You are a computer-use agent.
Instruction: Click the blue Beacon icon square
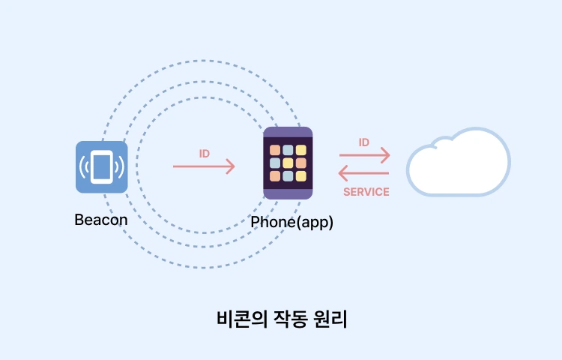pyautogui.click(x=101, y=166)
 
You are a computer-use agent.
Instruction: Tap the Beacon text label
pyautogui.click(x=101, y=220)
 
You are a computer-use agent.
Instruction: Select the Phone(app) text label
pyautogui.click(x=291, y=222)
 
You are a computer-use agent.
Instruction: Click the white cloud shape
pyautogui.click(x=459, y=162)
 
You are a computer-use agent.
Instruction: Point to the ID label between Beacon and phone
pyautogui.click(x=205, y=154)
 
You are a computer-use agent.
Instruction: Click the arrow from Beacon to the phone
pyautogui.click(x=204, y=166)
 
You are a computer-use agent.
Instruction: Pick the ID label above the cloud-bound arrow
pyautogui.click(x=363, y=142)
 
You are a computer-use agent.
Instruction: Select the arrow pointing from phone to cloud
pyautogui.click(x=364, y=155)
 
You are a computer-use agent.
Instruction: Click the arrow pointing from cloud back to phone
pyautogui.click(x=363, y=173)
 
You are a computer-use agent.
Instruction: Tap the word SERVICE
pyautogui.click(x=366, y=192)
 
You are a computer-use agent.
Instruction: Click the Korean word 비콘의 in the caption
pyautogui.click(x=242, y=319)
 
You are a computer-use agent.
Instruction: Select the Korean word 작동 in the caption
pyautogui.click(x=291, y=319)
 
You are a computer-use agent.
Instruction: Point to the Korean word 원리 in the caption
pyautogui.click(x=330, y=319)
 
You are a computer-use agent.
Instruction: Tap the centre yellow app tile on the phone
pyautogui.click(x=288, y=163)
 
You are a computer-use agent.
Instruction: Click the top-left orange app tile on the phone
pyautogui.click(x=275, y=150)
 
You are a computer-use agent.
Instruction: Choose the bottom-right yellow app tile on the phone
pyautogui.click(x=301, y=176)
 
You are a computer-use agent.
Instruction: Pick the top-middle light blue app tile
pyautogui.click(x=288, y=150)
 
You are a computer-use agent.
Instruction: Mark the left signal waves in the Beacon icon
pyautogui.click(x=84, y=167)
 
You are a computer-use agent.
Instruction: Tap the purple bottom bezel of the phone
pyautogui.click(x=288, y=194)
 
